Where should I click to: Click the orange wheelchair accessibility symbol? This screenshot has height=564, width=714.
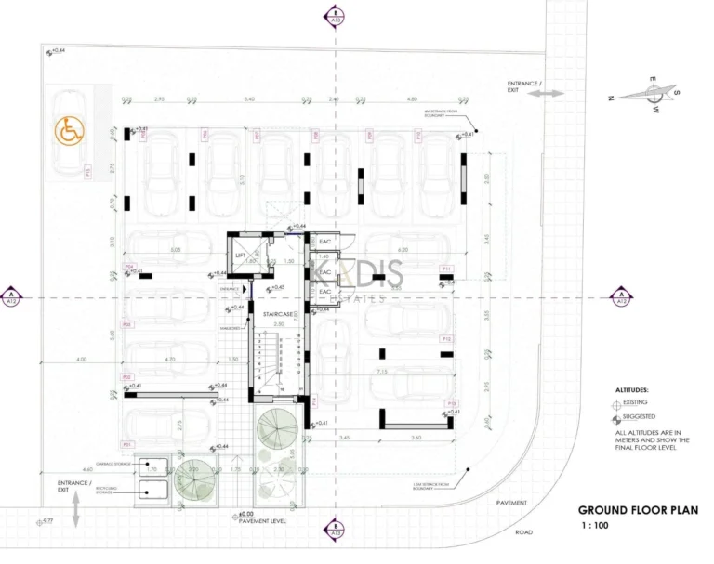[x=67, y=132]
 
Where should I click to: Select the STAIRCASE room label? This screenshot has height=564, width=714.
[x=279, y=314]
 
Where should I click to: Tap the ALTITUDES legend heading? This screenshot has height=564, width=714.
[x=632, y=391]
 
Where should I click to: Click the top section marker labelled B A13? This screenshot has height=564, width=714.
[x=334, y=16]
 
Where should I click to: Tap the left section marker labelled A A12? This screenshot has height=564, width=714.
[x=11, y=296]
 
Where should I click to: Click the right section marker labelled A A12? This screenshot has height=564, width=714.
[x=621, y=296]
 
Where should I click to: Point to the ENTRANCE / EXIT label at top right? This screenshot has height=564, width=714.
[x=523, y=87]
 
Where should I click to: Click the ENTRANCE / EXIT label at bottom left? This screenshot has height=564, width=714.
[x=74, y=487]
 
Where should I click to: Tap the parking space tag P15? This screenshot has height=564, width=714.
[x=86, y=172]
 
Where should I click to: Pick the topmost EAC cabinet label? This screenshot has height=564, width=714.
[x=324, y=242]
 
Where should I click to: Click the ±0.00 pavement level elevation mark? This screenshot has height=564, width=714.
[x=245, y=514]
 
